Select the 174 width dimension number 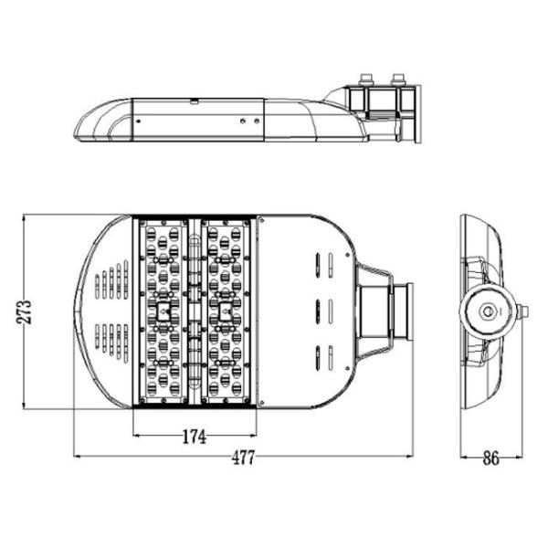point(194,437)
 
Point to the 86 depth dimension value point(490,458)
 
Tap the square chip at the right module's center point(224,312)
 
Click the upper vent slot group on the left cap point(114,280)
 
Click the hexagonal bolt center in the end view point(485,311)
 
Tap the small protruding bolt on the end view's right point(522,311)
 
